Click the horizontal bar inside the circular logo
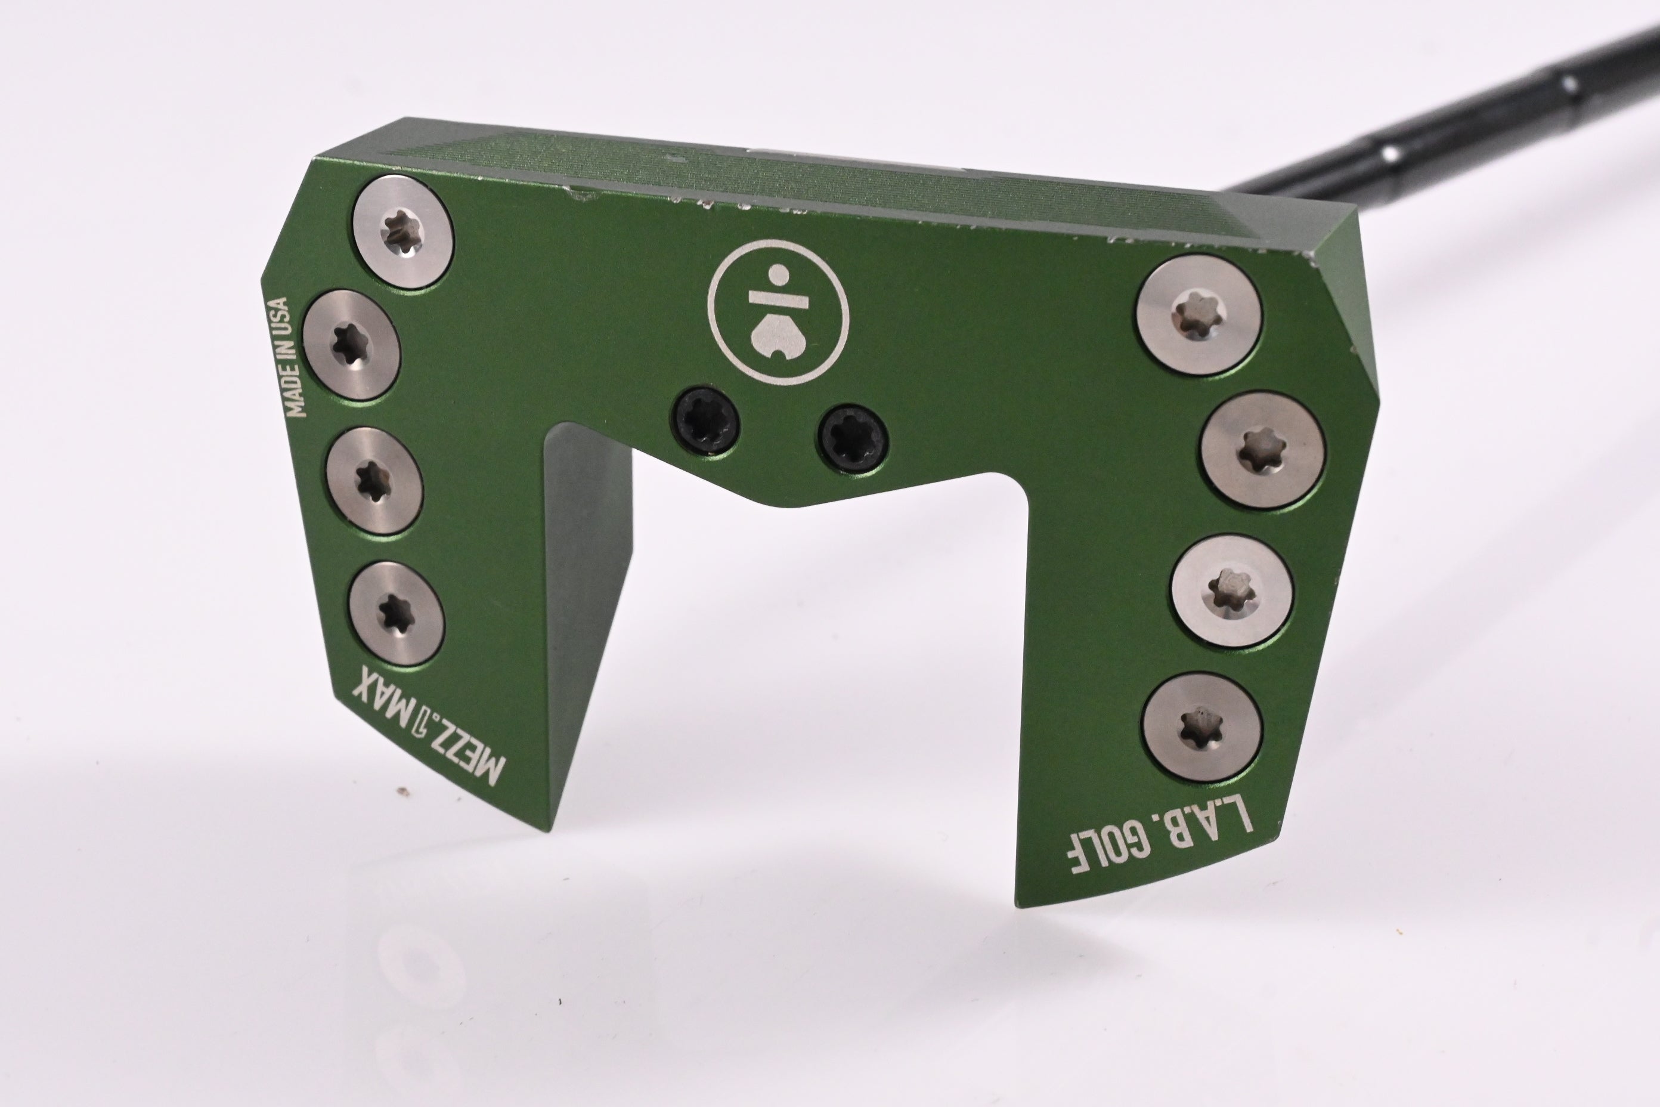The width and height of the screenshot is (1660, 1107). [x=777, y=299]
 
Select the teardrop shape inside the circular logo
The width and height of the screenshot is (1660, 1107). [x=778, y=338]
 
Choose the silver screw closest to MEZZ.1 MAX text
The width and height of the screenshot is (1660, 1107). [x=395, y=613]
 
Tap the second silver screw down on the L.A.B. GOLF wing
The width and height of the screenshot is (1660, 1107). [x=1262, y=449]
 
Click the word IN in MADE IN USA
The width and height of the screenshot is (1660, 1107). [x=289, y=353]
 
